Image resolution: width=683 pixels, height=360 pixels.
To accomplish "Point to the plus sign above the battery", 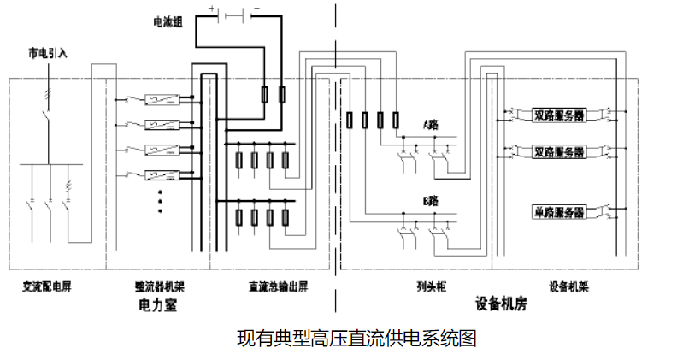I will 211,8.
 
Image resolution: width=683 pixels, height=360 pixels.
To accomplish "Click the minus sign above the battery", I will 256,8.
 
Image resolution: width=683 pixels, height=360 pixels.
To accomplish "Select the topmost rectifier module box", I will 160,98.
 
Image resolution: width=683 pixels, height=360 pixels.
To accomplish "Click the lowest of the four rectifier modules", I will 160,175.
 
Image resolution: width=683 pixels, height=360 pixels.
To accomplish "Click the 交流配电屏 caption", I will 47,286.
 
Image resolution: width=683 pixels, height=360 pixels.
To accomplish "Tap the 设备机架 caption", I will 568,286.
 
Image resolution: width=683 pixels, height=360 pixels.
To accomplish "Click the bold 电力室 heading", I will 159,304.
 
